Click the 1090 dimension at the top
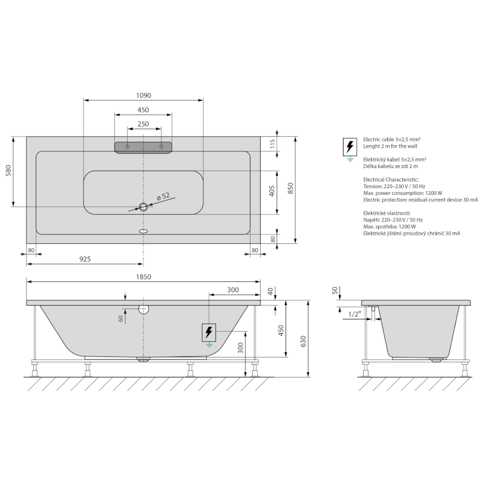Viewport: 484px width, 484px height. pyautogui.click(x=143, y=95)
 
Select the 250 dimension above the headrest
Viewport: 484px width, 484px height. pyautogui.click(x=143, y=123)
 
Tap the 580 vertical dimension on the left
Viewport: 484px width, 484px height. pyautogui.click(x=8, y=171)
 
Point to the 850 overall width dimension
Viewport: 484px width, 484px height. pyautogui.click(x=290, y=189)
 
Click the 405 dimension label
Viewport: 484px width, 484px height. pyautogui.click(x=272, y=191)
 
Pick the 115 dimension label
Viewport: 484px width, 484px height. pyautogui.click(x=272, y=143)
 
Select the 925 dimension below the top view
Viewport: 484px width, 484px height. pyautogui.click(x=85, y=259)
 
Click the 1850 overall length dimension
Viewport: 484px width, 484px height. pyautogui.click(x=143, y=276)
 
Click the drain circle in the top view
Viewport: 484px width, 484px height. pyautogui.click(x=143, y=208)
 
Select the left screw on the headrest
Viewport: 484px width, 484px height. pyautogui.click(x=127, y=147)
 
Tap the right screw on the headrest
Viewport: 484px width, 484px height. pyautogui.click(x=161, y=147)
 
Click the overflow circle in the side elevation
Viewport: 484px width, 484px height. pyautogui.click(x=143, y=309)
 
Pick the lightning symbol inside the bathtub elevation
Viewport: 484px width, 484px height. pyautogui.click(x=209, y=332)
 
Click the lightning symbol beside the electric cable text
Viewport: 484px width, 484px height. pyautogui.click(x=349, y=146)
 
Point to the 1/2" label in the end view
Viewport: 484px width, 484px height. pyautogui.click(x=355, y=314)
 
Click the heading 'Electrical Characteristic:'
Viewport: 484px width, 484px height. pyautogui.click(x=391, y=180)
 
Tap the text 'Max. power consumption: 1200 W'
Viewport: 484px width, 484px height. pyautogui.click(x=403, y=193)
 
